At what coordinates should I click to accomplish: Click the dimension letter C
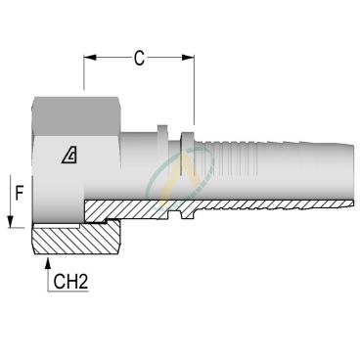(139, 59)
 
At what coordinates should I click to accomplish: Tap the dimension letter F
(20, 194)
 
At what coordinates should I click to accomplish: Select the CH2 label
(70, 281)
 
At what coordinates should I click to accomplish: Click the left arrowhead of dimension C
(90, 58)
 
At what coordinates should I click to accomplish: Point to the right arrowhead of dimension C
(188, 58)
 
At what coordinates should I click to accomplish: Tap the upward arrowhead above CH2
(48, 263)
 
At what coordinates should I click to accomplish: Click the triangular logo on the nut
(69, 156)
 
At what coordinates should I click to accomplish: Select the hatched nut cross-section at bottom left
(76, 237)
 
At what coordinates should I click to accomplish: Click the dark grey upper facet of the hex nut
(77, 116)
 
